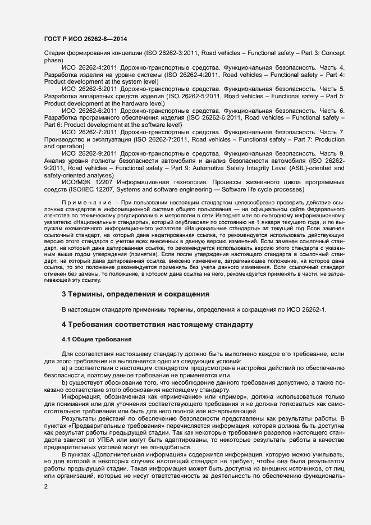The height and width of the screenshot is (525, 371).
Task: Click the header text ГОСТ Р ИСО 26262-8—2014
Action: click(x=85, y=39)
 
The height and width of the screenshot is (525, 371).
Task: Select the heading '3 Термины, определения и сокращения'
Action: click(x=135, y=294)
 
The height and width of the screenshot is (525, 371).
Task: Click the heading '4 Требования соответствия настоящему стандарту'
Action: click(x=158, y=325)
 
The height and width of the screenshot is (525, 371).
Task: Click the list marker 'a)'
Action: click(x=65, y=368)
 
